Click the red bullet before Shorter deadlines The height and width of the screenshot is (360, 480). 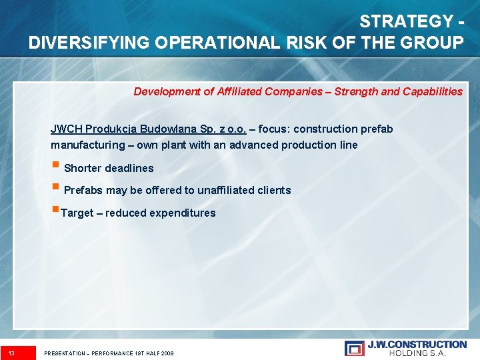point(56,166)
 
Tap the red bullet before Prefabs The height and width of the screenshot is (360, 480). point(56,188)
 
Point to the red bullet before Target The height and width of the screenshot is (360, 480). point(55,211)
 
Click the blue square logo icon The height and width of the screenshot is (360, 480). point(354,348)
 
